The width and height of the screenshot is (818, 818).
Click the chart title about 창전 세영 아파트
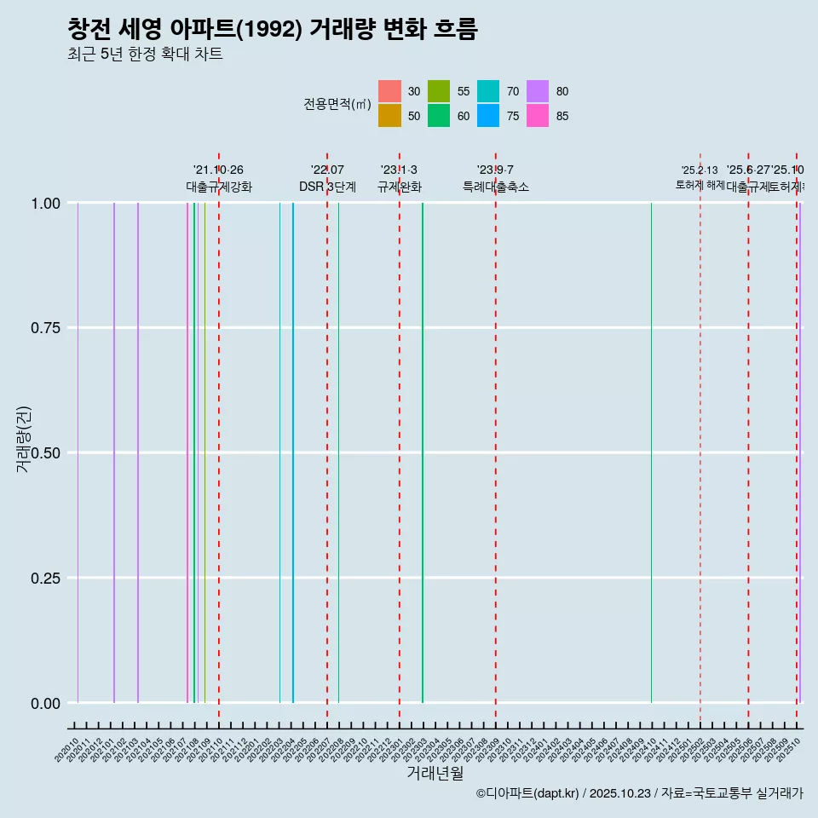(x=273, y=29)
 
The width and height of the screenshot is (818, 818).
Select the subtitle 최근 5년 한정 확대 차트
(x=145, y=55)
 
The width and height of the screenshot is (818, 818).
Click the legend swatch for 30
(x=389, y=91)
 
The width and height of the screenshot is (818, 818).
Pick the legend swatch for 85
(x=538, y=116)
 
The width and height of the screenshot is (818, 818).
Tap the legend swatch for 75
(x=488, y=116)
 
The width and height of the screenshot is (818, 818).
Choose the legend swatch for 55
(x=439, y=91)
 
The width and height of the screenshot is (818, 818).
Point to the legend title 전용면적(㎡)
(x=337, y=104)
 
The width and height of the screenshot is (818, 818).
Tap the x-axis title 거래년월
(x=435, y=774)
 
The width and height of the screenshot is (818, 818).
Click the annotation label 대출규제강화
(x=219, y=187)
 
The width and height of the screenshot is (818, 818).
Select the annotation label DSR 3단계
(x=327, y=187)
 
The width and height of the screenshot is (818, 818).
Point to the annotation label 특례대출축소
(x=496, y=187)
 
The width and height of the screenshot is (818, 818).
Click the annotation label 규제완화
(x=400, y=187)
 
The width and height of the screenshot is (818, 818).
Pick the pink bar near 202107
(x=187, y=452)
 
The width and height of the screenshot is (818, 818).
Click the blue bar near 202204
(x=293, y=452)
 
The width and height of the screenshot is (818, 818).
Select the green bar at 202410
(x=652, y=452)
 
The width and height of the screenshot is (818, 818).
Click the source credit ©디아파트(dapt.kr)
(x=528, y=794)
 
